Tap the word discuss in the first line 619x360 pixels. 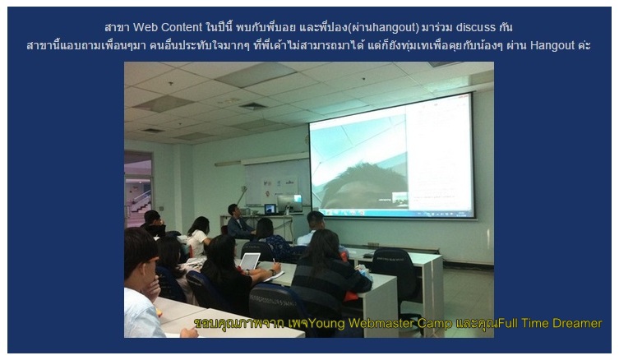(476, 27)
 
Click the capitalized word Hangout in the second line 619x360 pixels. (552, 45)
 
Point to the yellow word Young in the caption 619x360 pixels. (327, 323)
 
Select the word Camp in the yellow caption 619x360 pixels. (435, 324)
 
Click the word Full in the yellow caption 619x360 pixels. (508, 323)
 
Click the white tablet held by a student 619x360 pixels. (250, 261)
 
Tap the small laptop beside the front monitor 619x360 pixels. (270, 209)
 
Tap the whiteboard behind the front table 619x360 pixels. (277, 182)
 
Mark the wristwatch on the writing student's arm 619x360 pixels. (272, 272)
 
